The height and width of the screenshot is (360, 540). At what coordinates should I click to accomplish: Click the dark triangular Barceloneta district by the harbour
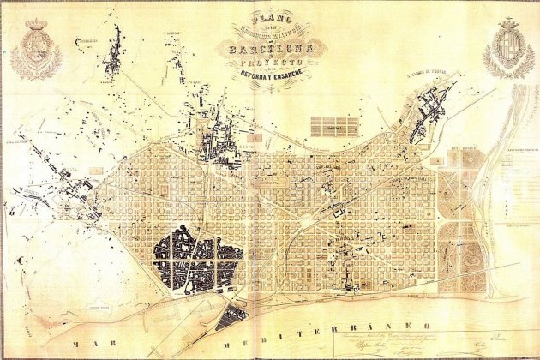(231, 317)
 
